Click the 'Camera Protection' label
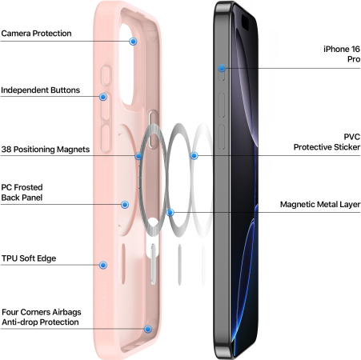click(x=36, y=34)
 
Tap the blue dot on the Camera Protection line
click(x=133, y=42)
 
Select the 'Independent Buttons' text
click(x=41, y=90)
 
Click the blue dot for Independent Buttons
click(x=103, y=97)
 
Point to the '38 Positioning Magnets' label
click(x=46, y=150)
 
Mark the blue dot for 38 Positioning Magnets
click(x=138, y=156)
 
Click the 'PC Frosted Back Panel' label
click(x=22, y=192)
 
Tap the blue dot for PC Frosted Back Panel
click(x=125, y=205)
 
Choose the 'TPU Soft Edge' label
click(x=29, y=258)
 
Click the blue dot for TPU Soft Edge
click(x=103, y=265)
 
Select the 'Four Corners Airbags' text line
click(x=42, y=312)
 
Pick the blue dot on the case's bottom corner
click(x=148, y=329)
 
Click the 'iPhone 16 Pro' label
click(x=342, y=54)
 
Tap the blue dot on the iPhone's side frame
click(x=222, y=68)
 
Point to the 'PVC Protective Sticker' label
click(x=327, y=142)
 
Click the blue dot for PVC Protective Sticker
click(x=194, y=155)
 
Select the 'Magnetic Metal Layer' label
click(x=320, y=204)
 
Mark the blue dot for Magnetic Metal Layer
click(x=170, y=213)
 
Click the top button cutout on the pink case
click(x=106, y=75)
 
